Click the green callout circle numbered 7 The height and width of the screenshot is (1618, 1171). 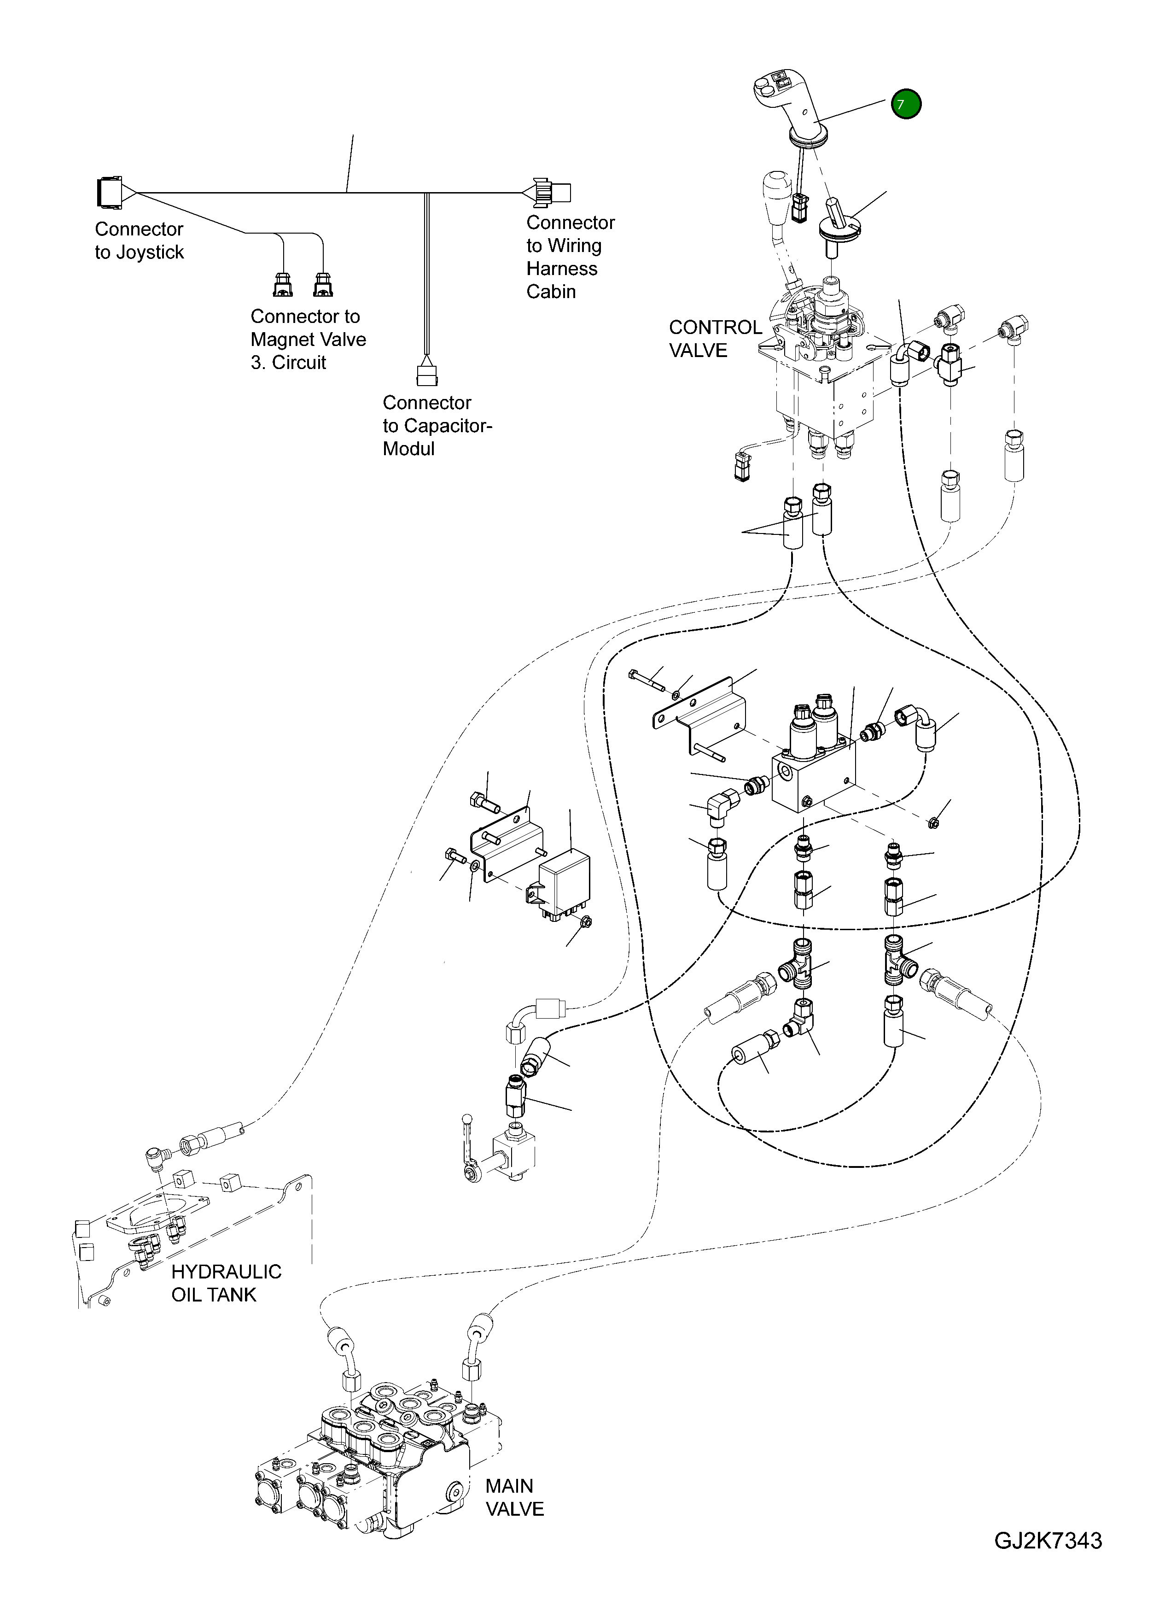pyautogui.click(x=906, y=104)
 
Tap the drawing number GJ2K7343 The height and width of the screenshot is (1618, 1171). pyautogui.click(x=1048, y=1560)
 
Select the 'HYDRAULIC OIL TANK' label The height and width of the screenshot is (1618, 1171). pyautogui.click(x=226, y=1283)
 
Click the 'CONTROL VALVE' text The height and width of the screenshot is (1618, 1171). pyautogui.click(x=715, y=339)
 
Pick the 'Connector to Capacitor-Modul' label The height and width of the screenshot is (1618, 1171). pyautogui.click(x=437, y=425)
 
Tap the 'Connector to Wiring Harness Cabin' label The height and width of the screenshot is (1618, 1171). pyautogui.click(x=570, y=257)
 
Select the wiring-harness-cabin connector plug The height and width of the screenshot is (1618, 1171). pyautogui.click(x=553, y=192)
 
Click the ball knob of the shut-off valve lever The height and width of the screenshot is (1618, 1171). pyautogui.click(x=467, y=1118)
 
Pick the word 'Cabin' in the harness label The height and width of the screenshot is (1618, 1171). pyautogui.click(x=551, y=292)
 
